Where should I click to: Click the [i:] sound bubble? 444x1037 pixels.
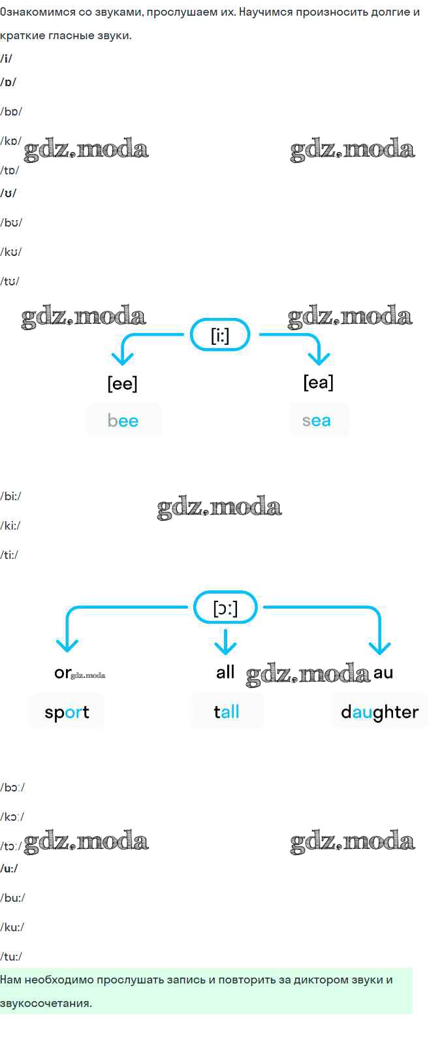click(x=220, y=335)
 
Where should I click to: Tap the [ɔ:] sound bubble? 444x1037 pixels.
click(x=225, y=608)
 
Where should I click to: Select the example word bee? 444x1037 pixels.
click(x=123, y=421)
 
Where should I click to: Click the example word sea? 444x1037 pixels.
click(x=317, y=421)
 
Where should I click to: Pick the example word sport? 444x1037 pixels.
click(x=67, y=712)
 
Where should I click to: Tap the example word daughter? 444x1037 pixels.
click(x=379, y=712)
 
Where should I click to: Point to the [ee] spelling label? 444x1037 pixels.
click(x=122, y=383)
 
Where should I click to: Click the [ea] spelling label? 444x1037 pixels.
click(x=318, y=382)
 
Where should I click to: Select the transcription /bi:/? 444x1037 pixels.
click(x=11, y=496)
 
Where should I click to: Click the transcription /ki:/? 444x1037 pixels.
click(x=10, y=526)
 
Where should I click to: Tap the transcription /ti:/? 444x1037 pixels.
click(x=10, y=555)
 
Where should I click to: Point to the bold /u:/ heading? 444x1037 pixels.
click(x=9, y=869)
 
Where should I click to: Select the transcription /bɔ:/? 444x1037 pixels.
click(x=13, y=788)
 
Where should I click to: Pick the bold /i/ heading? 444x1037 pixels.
click(x=7, y=59)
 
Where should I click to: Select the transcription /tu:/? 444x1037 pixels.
click(x=12, y=957)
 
